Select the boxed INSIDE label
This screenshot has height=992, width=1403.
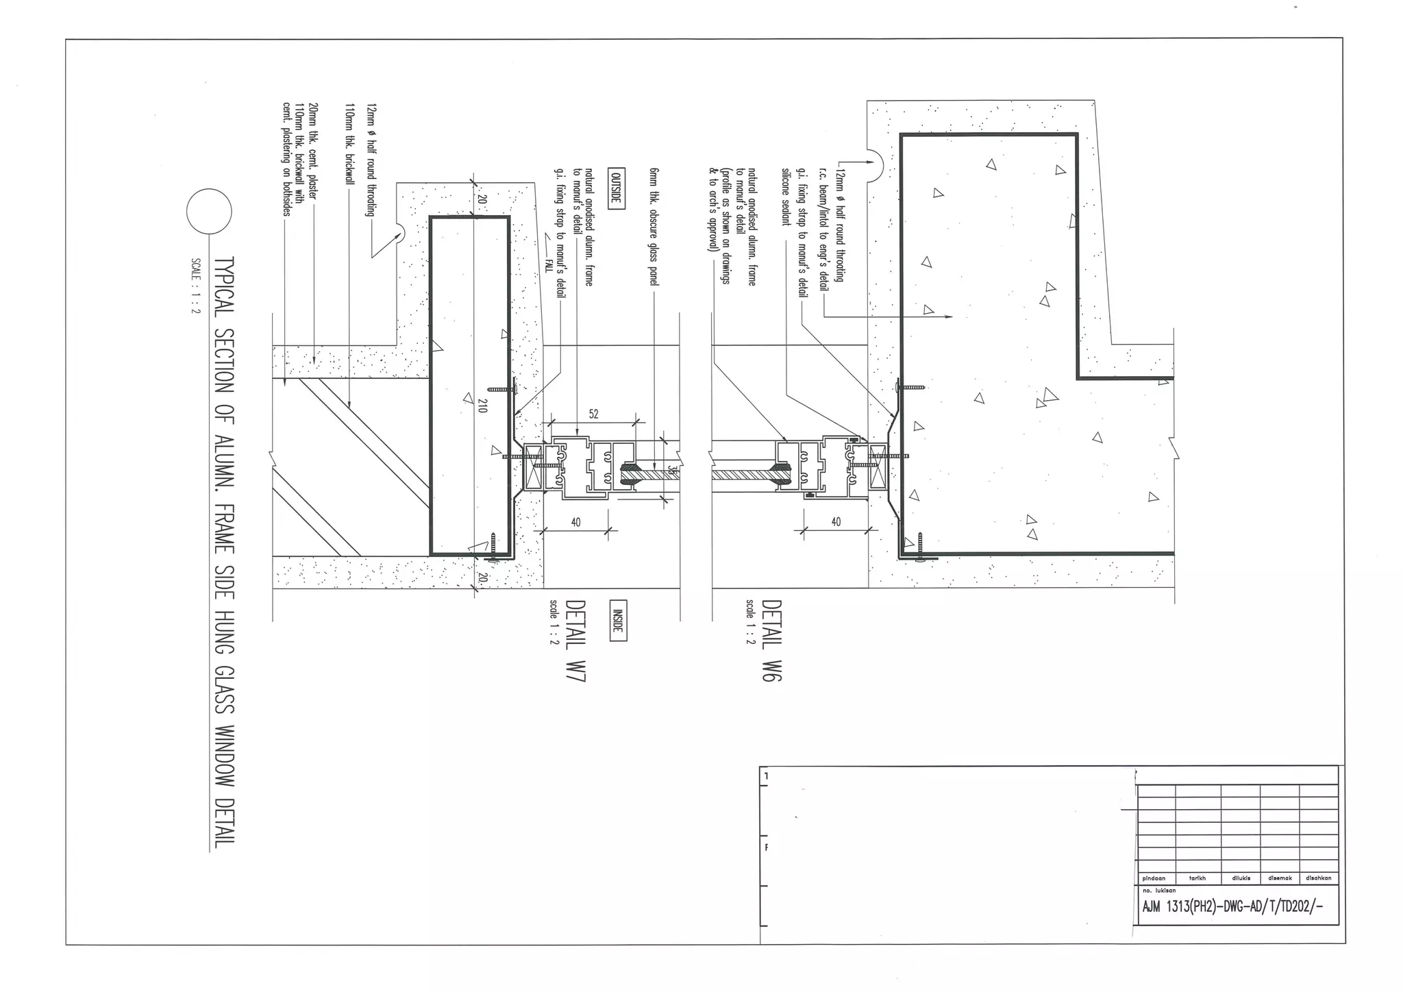point(617,620)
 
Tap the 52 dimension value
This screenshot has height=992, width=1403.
point(593,414)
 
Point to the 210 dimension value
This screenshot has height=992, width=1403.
point(482,404)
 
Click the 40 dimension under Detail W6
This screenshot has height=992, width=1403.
point(836,522)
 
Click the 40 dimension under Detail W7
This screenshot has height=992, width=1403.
point(575,522)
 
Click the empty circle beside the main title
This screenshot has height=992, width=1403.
point(209,212)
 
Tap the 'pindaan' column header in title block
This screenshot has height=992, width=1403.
point(1154,878)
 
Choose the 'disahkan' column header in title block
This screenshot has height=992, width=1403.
point(1318,878)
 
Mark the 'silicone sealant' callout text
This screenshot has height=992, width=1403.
point(786,196)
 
